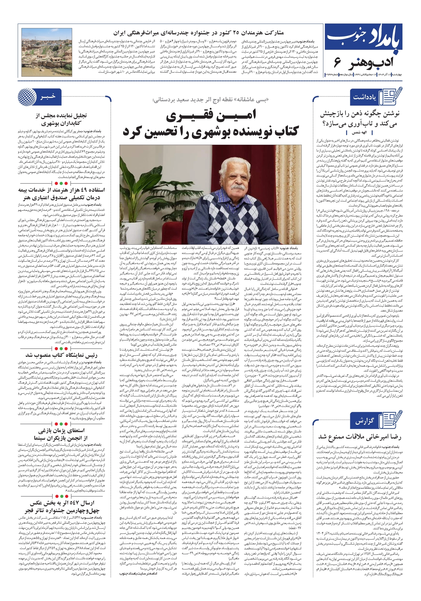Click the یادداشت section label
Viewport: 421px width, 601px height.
click(x=364, y=97)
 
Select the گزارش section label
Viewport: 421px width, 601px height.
click(x=364, y=421)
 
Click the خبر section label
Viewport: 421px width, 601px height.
click(x=48, y=96)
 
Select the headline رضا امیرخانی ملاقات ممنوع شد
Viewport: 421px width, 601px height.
click(x=360, y=437)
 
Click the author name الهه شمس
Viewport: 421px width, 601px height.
click(x=359, y=133)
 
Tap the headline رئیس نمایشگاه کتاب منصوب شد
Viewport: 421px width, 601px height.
click(x=61, y=355)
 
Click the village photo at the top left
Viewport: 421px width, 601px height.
click(x=47, y=52)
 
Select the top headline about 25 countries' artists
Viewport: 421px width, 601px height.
click(x=198, y=33)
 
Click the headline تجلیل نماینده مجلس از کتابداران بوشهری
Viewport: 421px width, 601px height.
click(x=61, y=119)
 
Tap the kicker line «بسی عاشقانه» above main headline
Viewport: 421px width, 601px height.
click(x=210, y=100)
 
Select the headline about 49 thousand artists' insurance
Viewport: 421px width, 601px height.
click(x=61, y=193)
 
